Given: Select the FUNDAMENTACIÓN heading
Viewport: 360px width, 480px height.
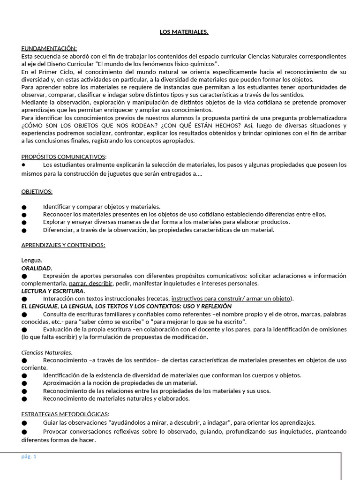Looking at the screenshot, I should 49,48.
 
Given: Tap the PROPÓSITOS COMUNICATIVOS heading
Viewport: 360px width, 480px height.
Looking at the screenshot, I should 64,157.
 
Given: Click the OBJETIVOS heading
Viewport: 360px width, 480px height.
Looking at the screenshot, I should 37,191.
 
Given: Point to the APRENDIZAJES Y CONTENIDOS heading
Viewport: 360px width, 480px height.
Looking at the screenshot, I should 63,245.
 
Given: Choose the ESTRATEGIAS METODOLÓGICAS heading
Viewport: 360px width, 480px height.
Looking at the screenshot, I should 65,414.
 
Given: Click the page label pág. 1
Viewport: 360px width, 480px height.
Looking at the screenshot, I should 29,457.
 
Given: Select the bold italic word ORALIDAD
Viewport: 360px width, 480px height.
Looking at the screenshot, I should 36,268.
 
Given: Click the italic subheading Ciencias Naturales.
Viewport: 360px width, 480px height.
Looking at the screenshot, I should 47,352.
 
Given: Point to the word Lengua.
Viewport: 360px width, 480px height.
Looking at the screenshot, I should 32,260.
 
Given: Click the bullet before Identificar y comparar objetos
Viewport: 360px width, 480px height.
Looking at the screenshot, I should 24,207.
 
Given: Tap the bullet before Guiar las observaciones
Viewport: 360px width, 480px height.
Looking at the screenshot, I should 24,422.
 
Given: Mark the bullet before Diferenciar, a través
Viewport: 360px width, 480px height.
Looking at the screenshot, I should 24,230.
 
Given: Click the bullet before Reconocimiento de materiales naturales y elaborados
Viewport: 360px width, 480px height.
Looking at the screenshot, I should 24,399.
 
